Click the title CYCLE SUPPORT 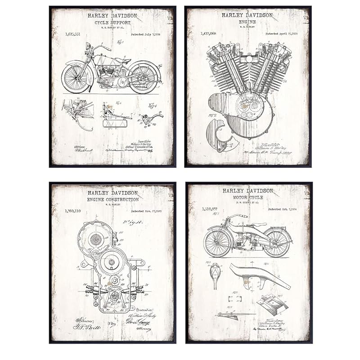[112, 22]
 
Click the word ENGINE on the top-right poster [247, 22]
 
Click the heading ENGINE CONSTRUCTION [112, 199]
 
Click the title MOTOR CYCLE [247, 197]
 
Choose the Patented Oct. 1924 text [282, 209]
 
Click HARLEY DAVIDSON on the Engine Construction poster [112, 193]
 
